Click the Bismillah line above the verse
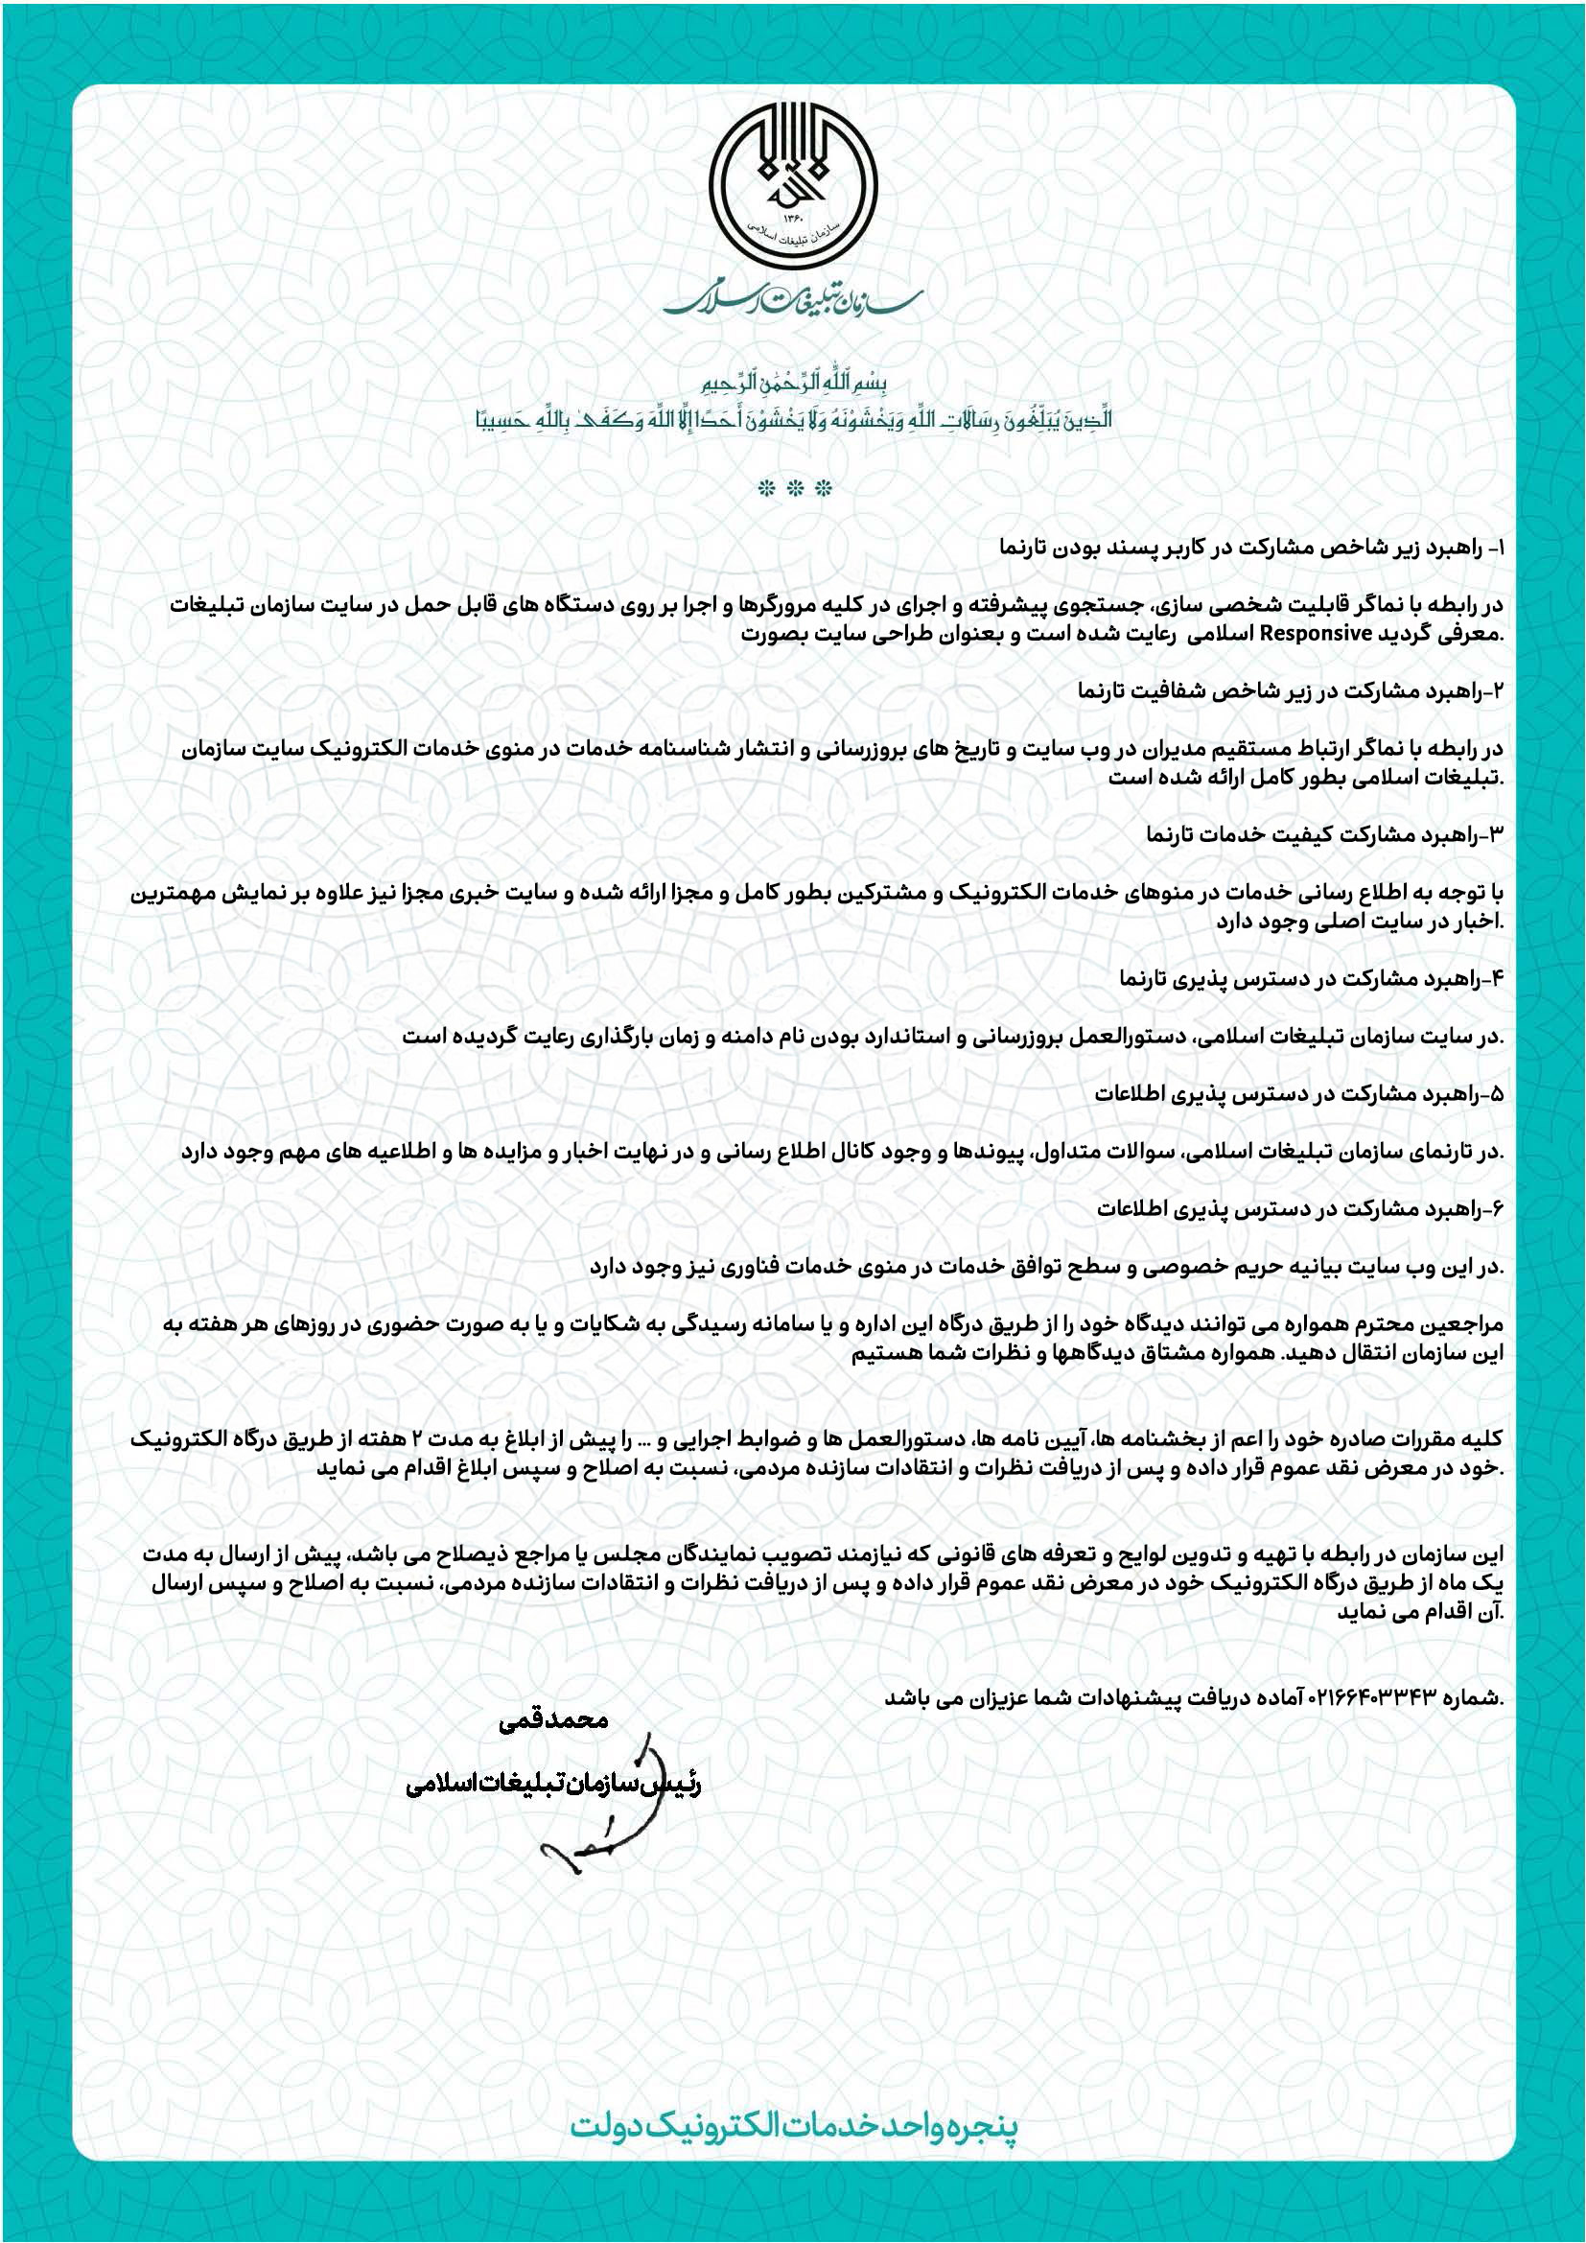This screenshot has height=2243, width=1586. click(793, 381)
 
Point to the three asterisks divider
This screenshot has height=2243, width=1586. click(793, 486)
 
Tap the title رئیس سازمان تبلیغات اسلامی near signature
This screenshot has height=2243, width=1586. click(553, 1784)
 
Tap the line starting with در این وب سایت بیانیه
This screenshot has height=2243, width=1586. click(1045, 1267)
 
